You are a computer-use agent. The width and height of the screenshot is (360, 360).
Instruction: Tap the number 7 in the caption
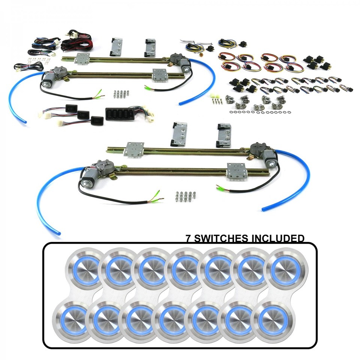(189, 238)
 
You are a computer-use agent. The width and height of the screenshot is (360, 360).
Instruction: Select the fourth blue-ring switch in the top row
(186, 269)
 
